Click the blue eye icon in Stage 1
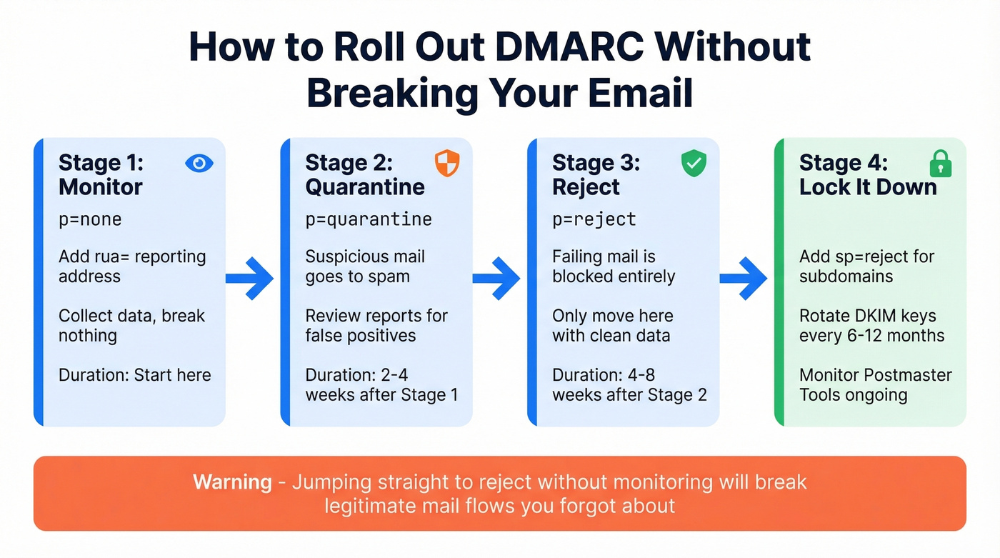coord(199,163)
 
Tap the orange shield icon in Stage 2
coord(447,163)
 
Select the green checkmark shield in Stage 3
coord(694,163)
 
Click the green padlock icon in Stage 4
coord(941,163)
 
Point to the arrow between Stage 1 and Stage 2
coord(250,278)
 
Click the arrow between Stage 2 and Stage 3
coord(496,278)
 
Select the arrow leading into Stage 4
coord(744,278)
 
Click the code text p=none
coord(90,219)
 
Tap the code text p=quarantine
coord(369,219)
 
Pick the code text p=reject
coord(594,219)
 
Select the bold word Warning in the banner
coord(232,482)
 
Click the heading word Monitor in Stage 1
coord(101,187)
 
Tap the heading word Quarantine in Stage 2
coord(365,187)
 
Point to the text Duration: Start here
coord(135,375)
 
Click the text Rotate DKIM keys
coord(867,316)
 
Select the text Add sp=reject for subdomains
coord(866,266)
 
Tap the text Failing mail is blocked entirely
coord(614,266)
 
